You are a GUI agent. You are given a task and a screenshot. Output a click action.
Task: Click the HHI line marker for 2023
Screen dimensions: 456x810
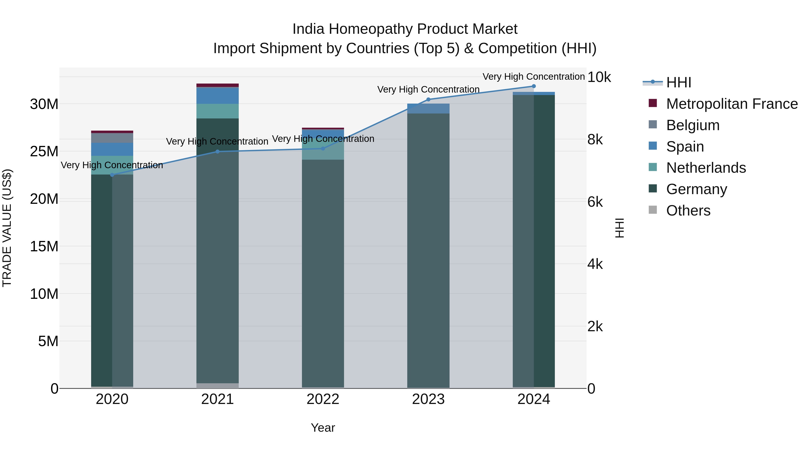428,100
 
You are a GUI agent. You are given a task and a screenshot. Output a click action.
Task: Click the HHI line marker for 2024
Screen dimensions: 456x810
534,86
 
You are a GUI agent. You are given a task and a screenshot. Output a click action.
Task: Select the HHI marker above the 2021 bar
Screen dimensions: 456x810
218,152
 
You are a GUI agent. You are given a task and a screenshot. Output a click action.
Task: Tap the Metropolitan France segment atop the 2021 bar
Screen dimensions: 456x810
218,85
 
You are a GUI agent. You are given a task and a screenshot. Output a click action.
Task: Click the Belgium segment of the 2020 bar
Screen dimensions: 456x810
112,138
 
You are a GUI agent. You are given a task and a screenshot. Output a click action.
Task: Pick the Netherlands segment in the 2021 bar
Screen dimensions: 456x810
218,111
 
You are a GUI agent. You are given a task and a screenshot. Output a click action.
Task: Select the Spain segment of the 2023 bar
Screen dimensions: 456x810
428,109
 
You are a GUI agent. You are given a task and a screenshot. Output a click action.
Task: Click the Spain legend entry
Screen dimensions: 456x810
685,147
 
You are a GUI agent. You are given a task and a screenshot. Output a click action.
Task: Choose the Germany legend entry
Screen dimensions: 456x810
696,189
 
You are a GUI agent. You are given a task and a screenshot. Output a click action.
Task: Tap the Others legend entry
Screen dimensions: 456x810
688,211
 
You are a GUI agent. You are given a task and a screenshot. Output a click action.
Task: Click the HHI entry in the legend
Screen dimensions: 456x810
679,82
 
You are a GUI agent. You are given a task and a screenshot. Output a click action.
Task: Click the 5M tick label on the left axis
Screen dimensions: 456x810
48,341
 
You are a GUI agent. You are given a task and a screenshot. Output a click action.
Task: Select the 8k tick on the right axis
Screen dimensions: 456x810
595,139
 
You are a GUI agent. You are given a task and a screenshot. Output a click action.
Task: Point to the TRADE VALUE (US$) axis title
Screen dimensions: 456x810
7,228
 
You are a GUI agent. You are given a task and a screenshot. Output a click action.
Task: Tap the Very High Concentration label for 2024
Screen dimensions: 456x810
534,77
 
